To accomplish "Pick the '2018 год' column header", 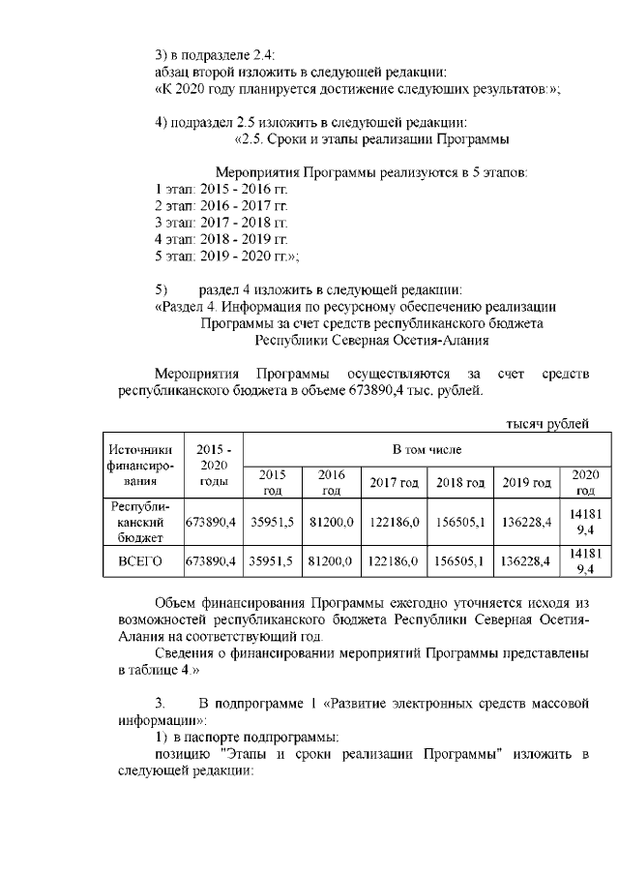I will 459,482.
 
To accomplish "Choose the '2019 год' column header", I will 526,482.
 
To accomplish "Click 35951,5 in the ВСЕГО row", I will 272,560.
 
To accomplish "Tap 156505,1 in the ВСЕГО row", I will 459,560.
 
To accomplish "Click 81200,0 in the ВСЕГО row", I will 330,560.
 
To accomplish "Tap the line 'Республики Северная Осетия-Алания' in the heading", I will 371,340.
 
